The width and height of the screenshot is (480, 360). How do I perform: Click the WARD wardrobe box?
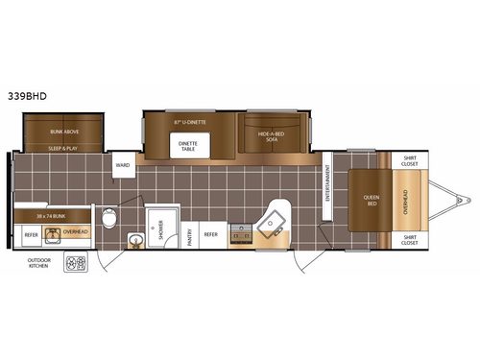tap(123, 165)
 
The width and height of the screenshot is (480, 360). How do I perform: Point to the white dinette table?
tap(187, 143)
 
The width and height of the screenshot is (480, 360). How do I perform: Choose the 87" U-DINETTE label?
tap(191, 123)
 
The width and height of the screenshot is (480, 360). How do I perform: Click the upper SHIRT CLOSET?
tap(410, 161)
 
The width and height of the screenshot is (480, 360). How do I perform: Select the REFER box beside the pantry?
tap(210, 233)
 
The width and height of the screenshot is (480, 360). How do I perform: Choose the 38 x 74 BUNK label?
tap(50, 215)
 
